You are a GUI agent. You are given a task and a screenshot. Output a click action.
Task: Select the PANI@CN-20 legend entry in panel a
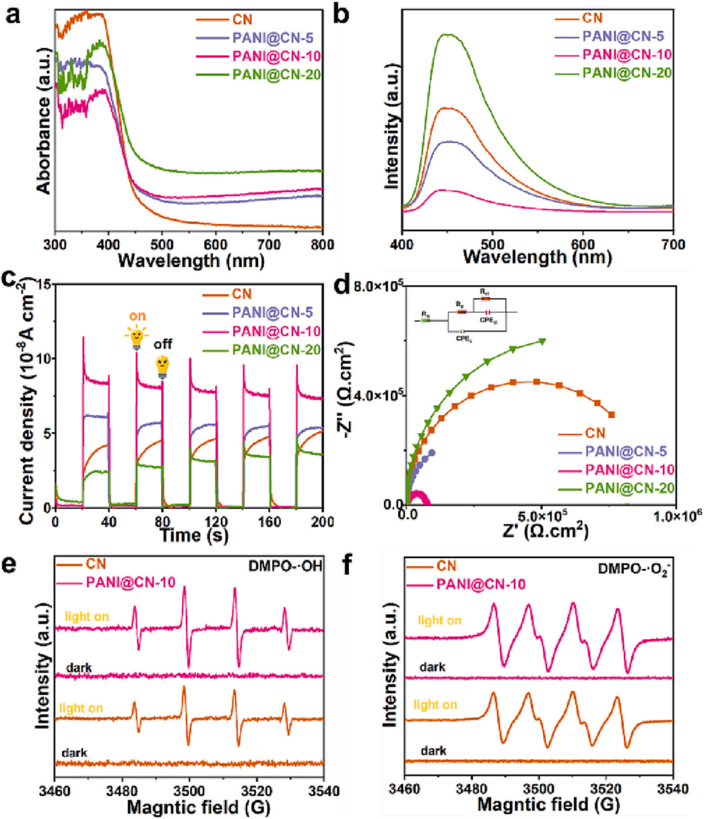pos(276,75)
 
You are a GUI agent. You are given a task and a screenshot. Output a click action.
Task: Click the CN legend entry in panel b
pos(593,18)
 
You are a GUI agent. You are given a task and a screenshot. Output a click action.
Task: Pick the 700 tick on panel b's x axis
pos(673,245)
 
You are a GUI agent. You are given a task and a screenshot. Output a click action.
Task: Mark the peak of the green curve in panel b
pos(447,35)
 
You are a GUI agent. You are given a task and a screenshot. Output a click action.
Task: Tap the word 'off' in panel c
pos(163,344)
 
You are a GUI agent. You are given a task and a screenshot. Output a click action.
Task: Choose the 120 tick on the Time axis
pos(216,521)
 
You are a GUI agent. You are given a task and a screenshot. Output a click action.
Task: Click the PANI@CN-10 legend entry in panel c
pos(276,332)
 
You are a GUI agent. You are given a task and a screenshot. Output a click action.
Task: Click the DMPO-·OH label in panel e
pos(286,566)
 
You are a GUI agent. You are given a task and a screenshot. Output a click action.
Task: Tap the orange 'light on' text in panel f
pos(435,705)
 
